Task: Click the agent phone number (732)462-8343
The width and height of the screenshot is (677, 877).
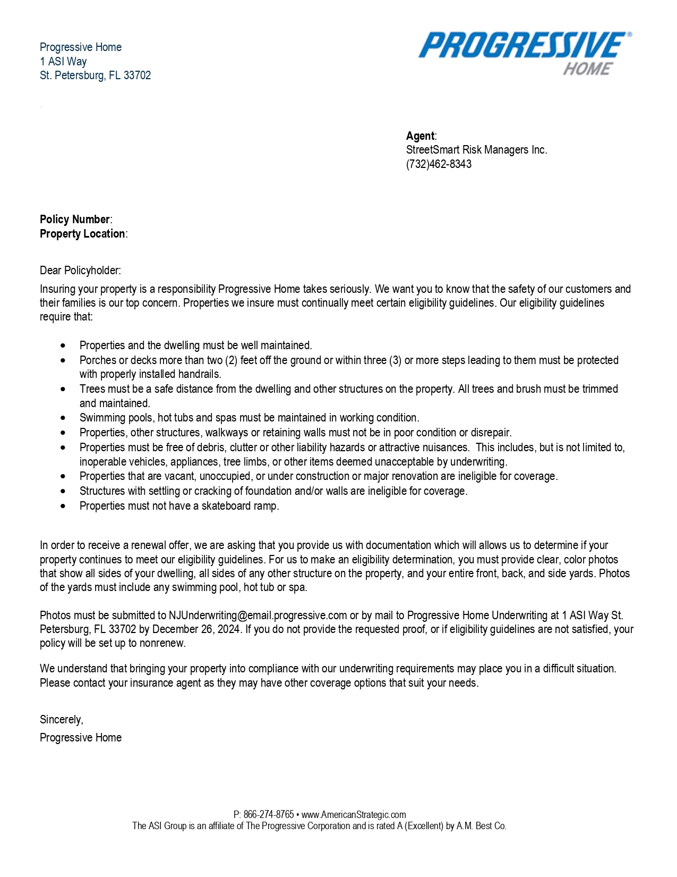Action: [439, 164]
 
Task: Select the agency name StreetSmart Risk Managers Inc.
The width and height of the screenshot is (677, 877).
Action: [476, 150]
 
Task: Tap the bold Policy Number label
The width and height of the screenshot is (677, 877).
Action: [75, 220]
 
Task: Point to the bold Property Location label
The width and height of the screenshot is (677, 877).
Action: [82, 234]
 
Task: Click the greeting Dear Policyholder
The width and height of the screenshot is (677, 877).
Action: [80, 271]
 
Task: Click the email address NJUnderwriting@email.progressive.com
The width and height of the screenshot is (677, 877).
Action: [258, 615]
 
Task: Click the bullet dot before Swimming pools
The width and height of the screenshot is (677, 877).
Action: [64, 418]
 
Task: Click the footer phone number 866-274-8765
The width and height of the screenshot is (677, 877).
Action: [269, 815]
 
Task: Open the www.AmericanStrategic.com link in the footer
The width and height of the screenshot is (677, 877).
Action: [354, 815]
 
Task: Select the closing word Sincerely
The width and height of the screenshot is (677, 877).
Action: [61, 720]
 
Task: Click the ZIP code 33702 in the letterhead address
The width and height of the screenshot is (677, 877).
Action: [137, 75]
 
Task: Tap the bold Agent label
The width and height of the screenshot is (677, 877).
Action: [420, 136]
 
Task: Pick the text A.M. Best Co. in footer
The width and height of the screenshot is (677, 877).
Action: [481, 826]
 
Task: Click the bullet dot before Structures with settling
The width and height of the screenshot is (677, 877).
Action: [64, 491]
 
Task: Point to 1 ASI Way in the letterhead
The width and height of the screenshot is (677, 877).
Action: [63, 62]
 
